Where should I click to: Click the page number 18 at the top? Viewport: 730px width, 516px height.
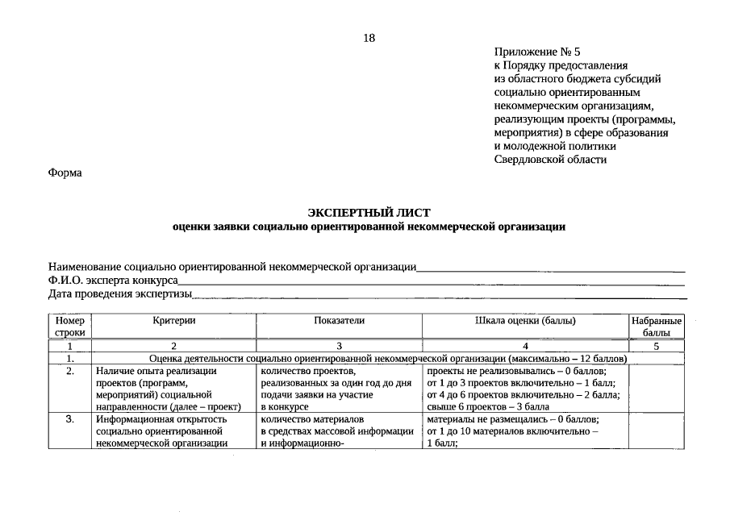[x=369, y=38]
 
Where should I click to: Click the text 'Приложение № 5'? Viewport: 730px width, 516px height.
[x=536, y=52]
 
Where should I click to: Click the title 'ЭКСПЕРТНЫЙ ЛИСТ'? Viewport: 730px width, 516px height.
[x=369, y=212]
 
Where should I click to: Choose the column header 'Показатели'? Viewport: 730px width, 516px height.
[x=339, y=321]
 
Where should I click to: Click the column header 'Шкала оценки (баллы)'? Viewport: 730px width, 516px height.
[x=524, y=321]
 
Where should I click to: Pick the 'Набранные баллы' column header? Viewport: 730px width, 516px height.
[x=657, y=326]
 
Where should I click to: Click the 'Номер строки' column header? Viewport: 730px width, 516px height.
[x=70, y=326]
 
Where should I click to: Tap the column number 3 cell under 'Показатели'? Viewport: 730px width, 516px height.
[x=339, y=345]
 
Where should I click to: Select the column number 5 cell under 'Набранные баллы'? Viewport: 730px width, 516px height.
[x=657, y=345]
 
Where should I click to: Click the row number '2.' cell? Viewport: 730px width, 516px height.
[x=70, y=371]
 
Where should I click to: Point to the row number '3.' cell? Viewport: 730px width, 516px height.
[x=70, y=419]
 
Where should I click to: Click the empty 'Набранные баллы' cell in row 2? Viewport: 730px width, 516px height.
[x=657, y=389]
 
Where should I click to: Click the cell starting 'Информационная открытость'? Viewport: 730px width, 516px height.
[x=173, y=431]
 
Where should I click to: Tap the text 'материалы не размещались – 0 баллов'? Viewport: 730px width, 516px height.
[x=513, y=419]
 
